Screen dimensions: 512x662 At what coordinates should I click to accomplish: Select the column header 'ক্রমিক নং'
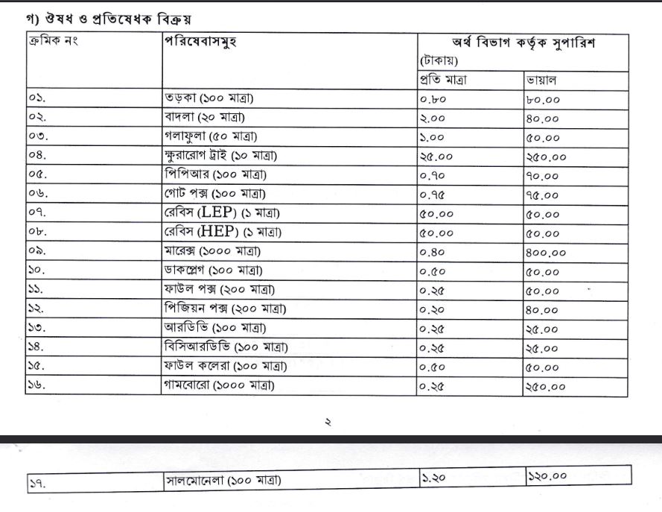point(53,42)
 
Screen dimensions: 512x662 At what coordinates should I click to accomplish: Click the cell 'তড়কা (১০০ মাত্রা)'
point(214,98)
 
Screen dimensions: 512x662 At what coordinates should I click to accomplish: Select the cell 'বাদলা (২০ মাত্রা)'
point(205,118)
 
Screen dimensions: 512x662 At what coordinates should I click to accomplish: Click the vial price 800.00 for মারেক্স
point(545,253)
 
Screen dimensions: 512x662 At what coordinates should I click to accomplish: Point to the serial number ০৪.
point(38,156)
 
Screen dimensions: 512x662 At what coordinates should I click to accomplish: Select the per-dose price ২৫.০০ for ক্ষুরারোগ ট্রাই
point(436,157)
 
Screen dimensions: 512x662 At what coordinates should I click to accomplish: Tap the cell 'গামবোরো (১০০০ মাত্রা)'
point(220,385)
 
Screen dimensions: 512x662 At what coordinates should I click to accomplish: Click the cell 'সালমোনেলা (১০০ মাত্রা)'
point(223,481)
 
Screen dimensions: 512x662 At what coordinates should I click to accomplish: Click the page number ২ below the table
point(327,422)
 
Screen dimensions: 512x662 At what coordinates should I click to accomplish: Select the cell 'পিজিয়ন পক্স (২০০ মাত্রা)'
point(226,309)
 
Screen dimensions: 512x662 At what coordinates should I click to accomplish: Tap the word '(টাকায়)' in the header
point(439,60)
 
